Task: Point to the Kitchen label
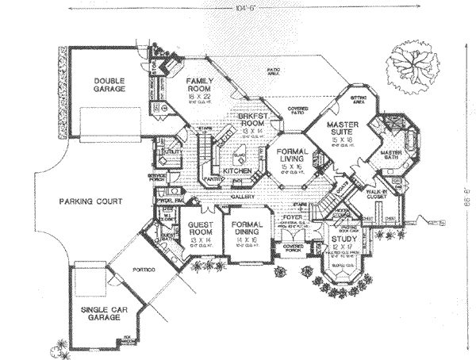[x=236, y=170]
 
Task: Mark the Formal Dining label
[x=248, y=228]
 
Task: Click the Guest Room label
[x=203, y=228]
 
